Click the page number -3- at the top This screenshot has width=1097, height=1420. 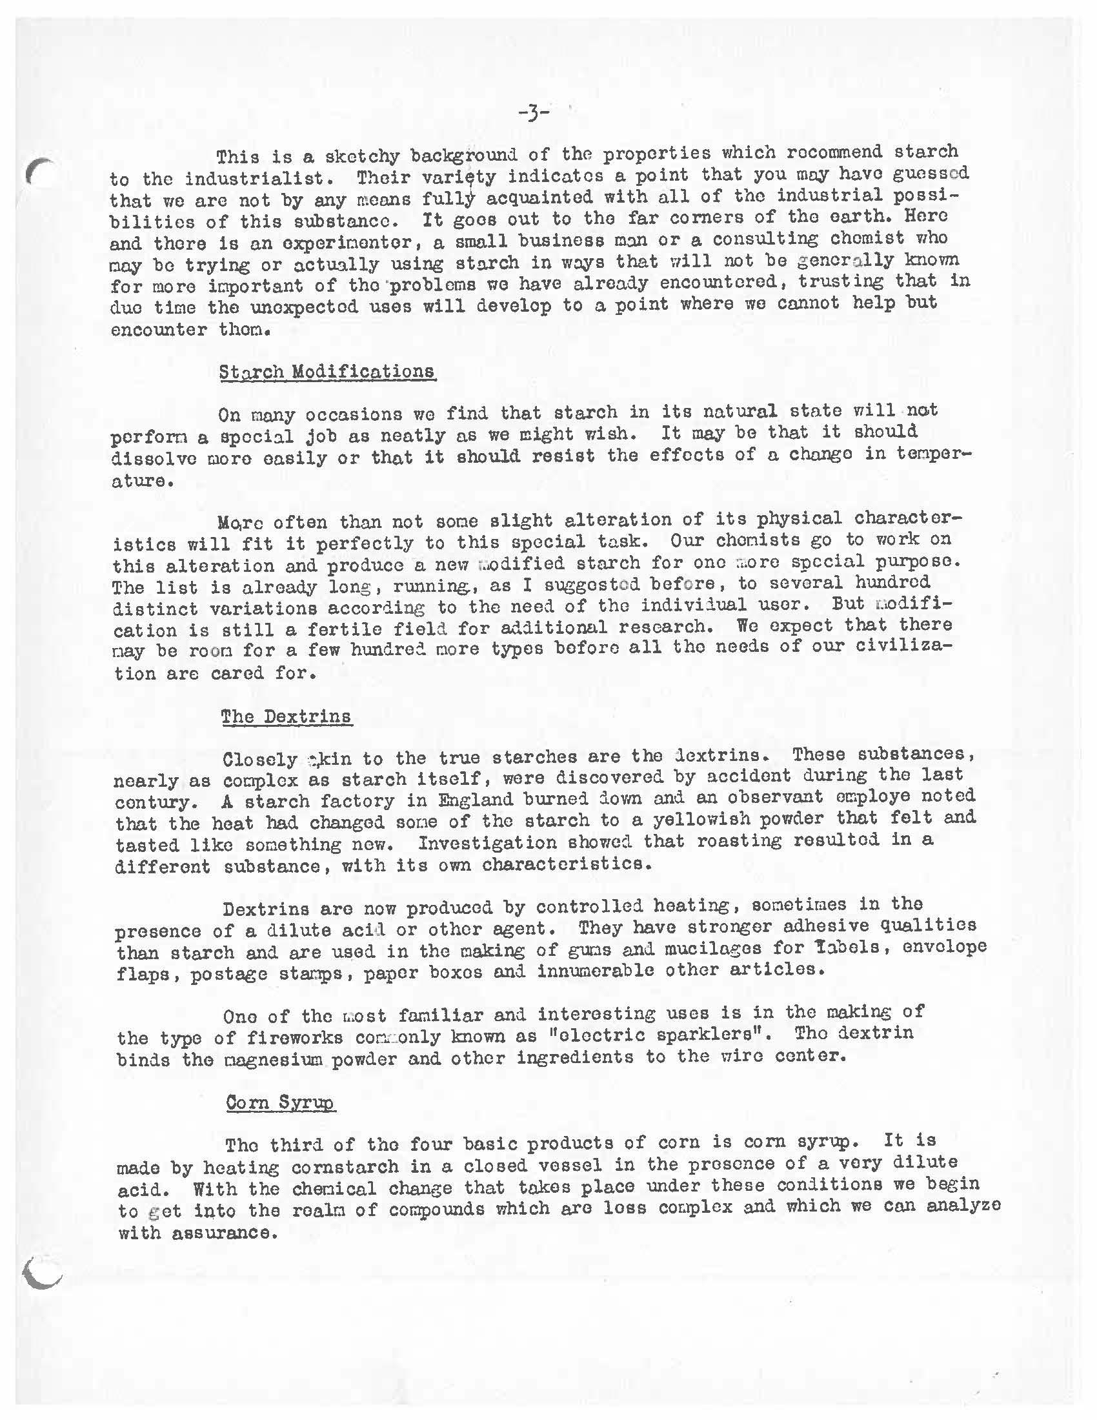pyautogui.click(x=534, y=114)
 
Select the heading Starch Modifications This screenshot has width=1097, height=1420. pyautogui.click(x=327, y=372)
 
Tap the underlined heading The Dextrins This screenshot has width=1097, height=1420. pyautogui.click(x=286, y=716)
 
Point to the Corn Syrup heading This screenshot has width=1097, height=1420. pyautogui.click(x=281, y=1102)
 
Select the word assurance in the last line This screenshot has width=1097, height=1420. pyautogui.click(x=220, y=1233)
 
